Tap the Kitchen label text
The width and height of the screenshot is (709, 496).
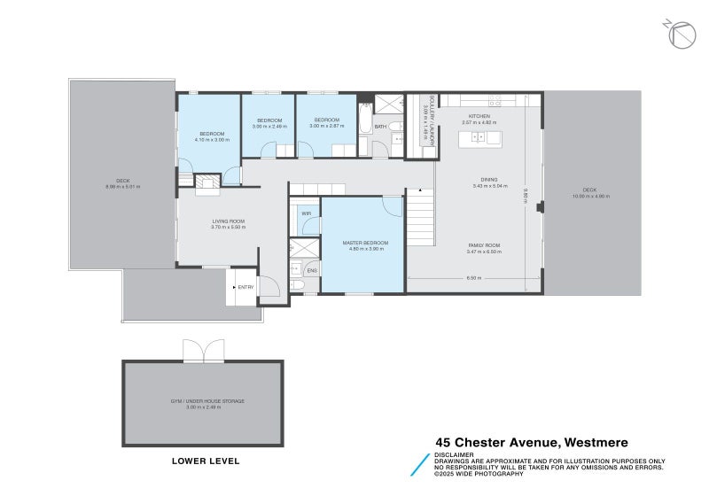[x=479, y=116]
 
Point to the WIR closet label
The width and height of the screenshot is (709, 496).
[x=306, y=213]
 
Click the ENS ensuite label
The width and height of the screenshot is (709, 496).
[x=312, y=270]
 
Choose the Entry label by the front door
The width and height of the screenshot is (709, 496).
[x=245, y=287]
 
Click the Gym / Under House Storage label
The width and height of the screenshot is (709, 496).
[x=207, y=401]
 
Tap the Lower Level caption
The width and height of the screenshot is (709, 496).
[x=205, y=461]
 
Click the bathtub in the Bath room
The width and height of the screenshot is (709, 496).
[x=365, y=119]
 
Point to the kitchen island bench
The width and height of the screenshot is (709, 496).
[x=479, y=138]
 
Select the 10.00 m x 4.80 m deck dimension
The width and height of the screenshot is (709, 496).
[x=589, y=196]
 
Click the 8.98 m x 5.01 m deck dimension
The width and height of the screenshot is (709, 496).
[x=122, y=187]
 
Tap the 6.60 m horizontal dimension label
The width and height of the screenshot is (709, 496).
[x=473, y=278]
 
